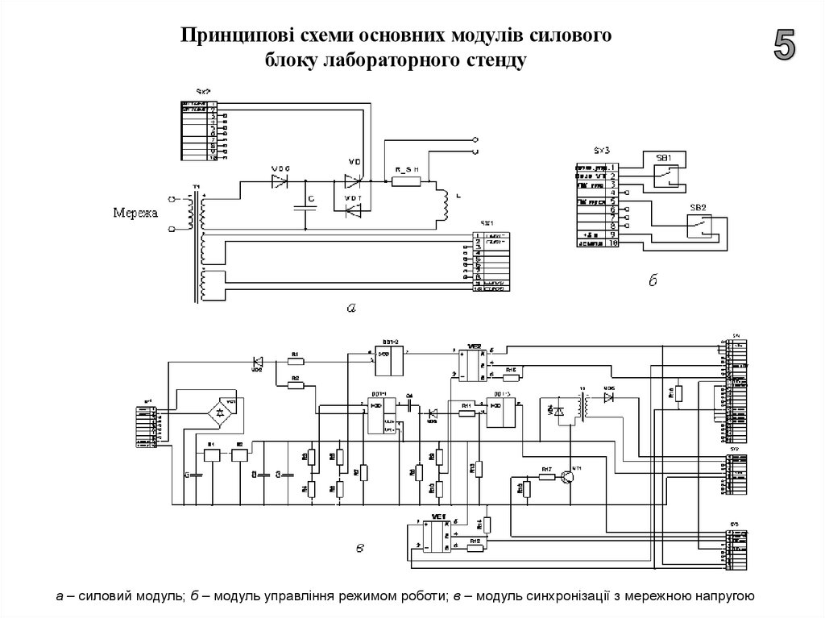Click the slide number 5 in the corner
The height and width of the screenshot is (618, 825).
point(785,44)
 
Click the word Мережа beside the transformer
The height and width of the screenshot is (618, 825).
point(136,214)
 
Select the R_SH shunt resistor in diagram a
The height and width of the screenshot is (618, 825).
point(406,180)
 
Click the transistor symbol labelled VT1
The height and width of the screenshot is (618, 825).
point(570,477)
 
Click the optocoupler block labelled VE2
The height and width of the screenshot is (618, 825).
point(471,364)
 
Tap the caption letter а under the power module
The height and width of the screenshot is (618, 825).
point(350,307)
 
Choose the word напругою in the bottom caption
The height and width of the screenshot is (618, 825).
point(722,596)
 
